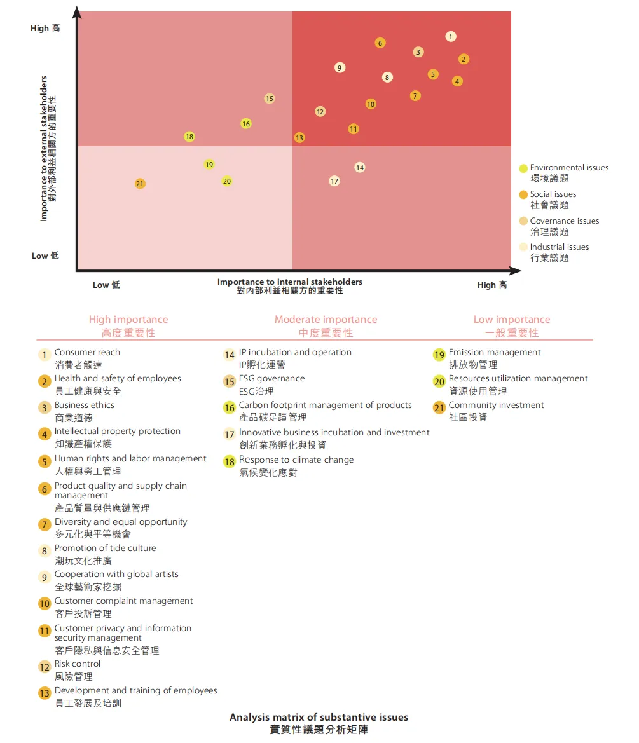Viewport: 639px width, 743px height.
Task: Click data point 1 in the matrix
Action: click(451, 37)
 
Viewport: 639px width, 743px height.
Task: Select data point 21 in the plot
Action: click(140, 184)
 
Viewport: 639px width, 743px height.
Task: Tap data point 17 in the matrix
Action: click(334, 181)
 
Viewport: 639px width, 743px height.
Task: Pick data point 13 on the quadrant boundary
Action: click(299, 138)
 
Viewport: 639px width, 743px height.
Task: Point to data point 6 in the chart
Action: click(380, 43)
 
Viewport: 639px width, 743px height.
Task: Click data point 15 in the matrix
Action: click(270, 99)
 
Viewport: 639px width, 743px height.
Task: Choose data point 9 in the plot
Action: click(340, 68)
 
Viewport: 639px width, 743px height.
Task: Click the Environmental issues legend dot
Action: click(523, 168)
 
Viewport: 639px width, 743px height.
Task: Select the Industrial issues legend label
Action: click(559, 247)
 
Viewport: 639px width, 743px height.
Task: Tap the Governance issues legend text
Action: click(564, 221)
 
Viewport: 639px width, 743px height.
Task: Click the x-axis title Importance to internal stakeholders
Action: click(290, 282)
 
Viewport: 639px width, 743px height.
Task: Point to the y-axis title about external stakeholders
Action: click(44, 149)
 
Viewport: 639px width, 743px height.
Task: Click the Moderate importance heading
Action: click(326, 320)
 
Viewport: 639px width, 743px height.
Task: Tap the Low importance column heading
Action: click(511, 320)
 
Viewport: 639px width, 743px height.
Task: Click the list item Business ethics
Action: click(85, 405)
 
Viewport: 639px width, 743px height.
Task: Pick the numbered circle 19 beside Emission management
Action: click(439, 355)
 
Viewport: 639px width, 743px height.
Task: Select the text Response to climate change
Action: click(296, 460)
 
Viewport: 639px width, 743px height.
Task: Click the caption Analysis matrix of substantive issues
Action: click(319, 718)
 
